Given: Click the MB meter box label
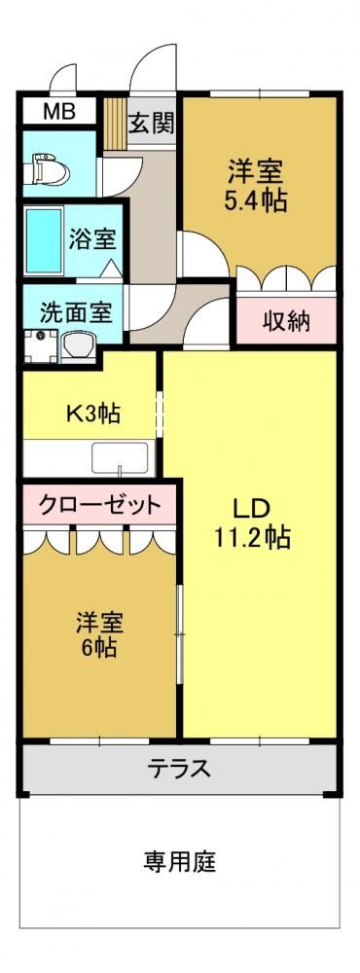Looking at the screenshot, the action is [59, 112].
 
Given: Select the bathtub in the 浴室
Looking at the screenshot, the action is [44, 240].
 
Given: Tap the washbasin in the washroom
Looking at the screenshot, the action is [80, 345].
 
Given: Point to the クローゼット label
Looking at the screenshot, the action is [99, 506].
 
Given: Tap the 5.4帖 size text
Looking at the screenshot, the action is [256, 200].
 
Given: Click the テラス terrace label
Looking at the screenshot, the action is [179, 769].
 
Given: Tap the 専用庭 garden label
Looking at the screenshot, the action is [180, 861].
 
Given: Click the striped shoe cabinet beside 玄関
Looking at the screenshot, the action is [114, 121].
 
